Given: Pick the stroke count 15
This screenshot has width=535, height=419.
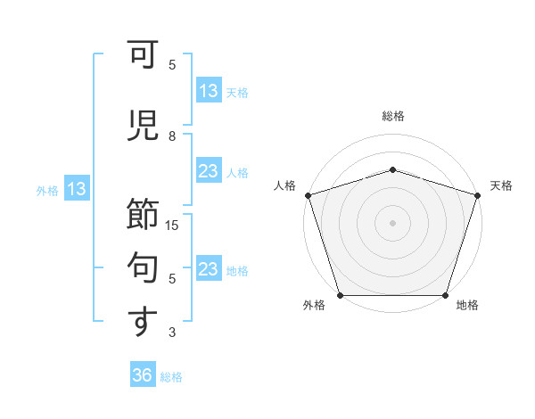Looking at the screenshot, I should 172,226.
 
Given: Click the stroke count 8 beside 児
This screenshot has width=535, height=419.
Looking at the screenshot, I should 172,136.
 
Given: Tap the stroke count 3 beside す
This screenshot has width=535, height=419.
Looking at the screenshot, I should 172,333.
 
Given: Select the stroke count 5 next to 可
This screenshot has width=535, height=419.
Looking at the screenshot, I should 172,65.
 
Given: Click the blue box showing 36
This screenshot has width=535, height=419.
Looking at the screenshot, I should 143,375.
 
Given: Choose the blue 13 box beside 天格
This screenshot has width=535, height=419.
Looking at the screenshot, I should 209,91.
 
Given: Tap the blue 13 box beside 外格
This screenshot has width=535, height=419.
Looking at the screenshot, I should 76,189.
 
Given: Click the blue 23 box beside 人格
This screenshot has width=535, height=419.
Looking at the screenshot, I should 209,171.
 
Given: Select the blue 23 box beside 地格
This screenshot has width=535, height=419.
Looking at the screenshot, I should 209,269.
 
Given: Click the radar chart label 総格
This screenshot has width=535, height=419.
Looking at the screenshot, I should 393,116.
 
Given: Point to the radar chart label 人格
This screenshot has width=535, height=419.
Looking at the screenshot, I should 285,185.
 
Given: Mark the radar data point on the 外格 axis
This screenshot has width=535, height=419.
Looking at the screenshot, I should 341,295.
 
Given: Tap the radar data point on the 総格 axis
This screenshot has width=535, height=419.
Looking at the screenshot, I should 393,169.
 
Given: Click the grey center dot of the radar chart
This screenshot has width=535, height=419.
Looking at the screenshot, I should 393,223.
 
